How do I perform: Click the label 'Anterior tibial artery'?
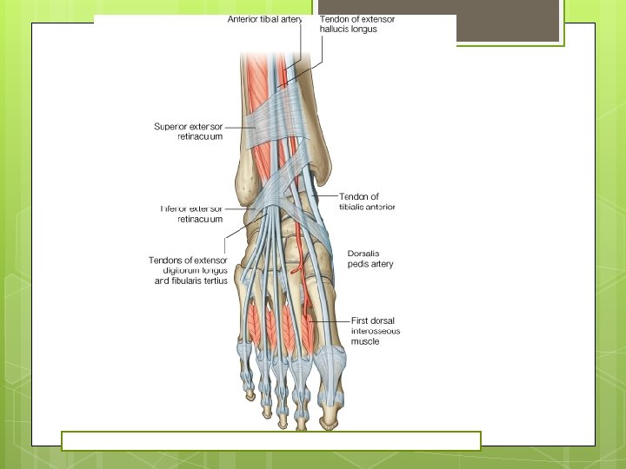click(x=264, y=19)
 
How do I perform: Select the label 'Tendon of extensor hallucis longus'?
click(x=356, y=24)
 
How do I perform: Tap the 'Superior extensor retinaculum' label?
click(x=188, y=131)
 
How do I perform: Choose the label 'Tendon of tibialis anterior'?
click(x=367, y=201)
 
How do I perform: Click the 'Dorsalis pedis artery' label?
click(x=369, y=258)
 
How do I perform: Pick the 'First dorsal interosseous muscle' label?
click(x=376, y=331)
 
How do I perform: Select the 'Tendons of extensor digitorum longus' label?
click(x=188, y=270)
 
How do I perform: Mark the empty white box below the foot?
click(x=270, y=440)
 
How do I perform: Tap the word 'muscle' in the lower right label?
click(x=365, y=341)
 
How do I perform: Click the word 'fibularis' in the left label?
click(x=189, y=281)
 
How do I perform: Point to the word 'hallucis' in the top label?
click(x=336, y=30)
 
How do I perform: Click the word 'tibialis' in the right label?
click(x=351, y=207)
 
